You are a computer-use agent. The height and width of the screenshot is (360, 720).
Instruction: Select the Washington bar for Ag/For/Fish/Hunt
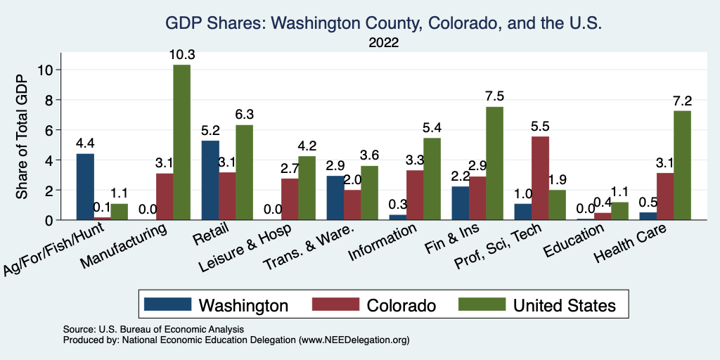[85, 186]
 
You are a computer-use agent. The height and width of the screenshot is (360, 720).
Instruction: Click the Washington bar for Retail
[210, 180]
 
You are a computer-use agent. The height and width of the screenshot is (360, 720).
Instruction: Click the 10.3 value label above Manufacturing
[181, 54]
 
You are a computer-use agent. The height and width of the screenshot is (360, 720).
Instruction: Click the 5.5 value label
[540, 126]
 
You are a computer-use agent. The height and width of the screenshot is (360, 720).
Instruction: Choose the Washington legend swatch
[167, 305]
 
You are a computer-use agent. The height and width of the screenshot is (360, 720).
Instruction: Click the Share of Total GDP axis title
[22, 138]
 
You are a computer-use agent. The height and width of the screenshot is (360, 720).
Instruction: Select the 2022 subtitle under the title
[383, 43]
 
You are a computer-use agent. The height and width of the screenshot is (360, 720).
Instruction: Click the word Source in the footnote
[75, 329]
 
